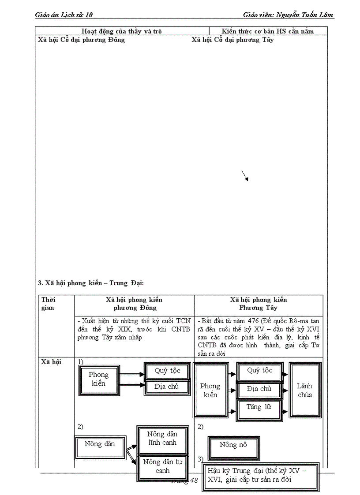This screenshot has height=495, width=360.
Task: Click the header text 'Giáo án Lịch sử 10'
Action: pos(64,15)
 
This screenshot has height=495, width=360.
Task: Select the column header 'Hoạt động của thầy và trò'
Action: pos(122,31)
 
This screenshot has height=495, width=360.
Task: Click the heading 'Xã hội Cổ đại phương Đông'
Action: pos(82,40)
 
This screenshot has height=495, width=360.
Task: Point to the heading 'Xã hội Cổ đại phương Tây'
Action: pos(232,40)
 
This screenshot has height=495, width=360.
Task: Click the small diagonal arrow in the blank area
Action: pos(245,175)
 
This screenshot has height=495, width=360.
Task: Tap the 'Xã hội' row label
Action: pos(51,362)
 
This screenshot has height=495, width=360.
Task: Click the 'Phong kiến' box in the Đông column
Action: pos(98,379)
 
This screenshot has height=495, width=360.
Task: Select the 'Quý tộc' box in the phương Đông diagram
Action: pos(167,371)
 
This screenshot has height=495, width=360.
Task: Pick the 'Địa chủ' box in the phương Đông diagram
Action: pos(167,387)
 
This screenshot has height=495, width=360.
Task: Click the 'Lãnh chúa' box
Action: pos(304,390)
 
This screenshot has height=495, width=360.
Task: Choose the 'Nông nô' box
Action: pos(233,445)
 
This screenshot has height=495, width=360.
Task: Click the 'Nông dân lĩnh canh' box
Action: pos(162,438)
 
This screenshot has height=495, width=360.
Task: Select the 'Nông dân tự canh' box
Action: pos(162,466)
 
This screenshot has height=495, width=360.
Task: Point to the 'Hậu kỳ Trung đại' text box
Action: pos(260,475)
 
